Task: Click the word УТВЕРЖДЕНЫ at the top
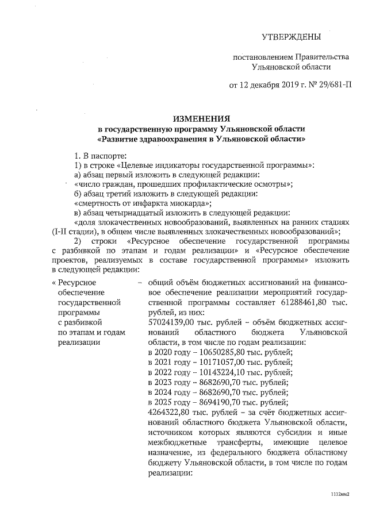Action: [291, 37]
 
